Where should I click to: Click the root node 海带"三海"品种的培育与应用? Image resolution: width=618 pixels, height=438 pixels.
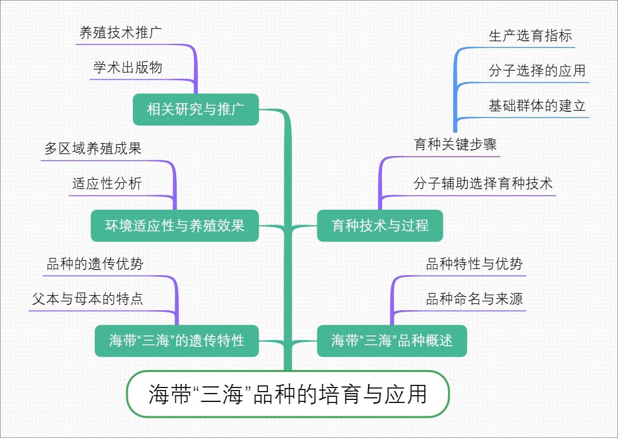[288, 394]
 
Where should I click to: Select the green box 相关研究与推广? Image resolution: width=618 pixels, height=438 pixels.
[195, 109]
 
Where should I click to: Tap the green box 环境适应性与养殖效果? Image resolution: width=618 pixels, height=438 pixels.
[175, 226]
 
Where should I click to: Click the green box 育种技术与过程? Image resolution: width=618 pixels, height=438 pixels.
[380, 226]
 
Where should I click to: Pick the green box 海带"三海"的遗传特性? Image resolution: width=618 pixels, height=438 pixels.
[177, 341]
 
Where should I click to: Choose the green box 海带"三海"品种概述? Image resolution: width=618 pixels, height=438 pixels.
[392, 341]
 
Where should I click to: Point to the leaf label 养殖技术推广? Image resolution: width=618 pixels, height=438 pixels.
[121, 33]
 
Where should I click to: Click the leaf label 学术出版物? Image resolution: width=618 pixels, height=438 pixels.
[128, 68]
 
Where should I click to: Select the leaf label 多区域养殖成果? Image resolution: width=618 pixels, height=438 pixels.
[93, 149]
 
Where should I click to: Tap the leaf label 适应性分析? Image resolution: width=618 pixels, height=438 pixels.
[107, 184]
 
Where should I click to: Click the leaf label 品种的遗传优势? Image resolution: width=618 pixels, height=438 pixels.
[95, 264]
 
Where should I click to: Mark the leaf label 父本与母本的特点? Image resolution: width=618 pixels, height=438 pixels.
[88, 299]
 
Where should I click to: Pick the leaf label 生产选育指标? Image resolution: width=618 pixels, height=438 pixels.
[530, 36]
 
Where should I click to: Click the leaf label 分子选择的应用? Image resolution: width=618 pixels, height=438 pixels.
[537, 71]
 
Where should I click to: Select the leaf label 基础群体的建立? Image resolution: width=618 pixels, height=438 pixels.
[537, 106]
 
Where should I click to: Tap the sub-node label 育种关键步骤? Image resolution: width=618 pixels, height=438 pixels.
[455, 144]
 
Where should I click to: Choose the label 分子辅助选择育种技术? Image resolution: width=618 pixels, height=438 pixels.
[483, 184]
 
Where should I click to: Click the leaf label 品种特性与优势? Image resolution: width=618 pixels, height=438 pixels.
[474, 264]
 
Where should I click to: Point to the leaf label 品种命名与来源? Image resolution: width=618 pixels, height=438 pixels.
[474, 299]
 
